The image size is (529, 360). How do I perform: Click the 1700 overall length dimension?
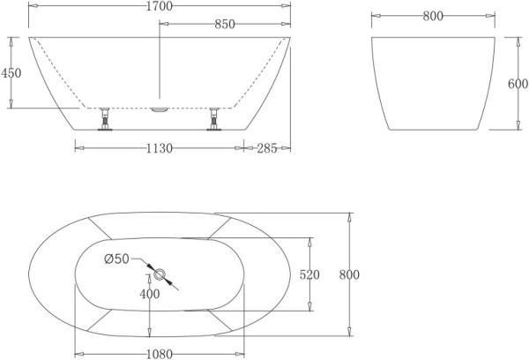(160, 7)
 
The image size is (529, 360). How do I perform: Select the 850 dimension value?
(224, 25)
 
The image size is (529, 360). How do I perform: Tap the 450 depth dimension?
(11, 73)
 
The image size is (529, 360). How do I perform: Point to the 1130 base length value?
(159, 148)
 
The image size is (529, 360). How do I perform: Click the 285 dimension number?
(267, 148)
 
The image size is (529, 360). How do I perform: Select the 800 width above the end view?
(432, 17)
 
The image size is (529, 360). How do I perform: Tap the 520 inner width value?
(309, 274)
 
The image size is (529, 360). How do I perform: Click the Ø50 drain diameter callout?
(116, 259)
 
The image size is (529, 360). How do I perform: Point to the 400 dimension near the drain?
(150, 294)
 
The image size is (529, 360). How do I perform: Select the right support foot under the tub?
(214, 119)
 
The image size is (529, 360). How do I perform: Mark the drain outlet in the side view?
(160, 110)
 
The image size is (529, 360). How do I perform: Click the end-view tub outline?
(431, 84)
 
